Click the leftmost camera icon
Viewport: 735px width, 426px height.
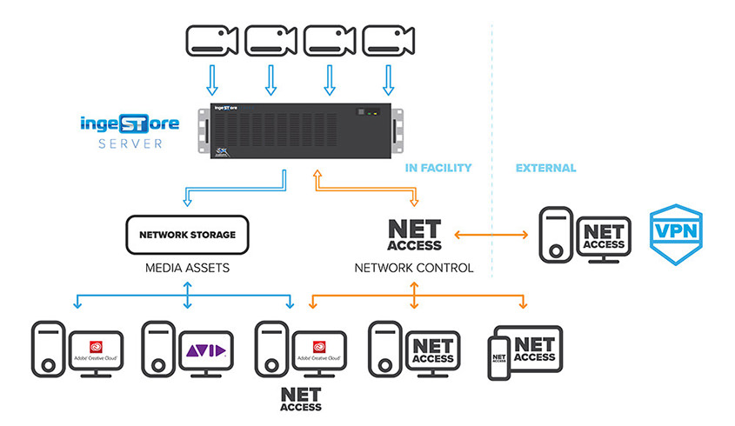[x=211, y=41]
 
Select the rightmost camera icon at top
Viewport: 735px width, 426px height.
[x=387, y=41]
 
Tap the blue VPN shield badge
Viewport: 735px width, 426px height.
[x=676, y=234]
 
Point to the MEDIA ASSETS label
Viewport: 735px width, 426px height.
[x=187, y=269]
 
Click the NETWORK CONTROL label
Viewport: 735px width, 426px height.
[x=414, y=269]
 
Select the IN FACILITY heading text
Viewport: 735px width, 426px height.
[x=439, y=168]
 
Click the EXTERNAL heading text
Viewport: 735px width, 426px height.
[x=545, y=168]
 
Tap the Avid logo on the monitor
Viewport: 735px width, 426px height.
[x=206, y=351]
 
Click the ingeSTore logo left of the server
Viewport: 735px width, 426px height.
[x=130, y=123]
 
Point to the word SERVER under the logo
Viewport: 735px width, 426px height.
[x=130, y=143]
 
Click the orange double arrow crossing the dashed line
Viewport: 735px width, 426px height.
[x=491, y=235]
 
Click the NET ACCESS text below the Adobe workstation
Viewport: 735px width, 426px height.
[x=300, y=398]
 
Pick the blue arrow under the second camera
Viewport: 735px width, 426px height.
[x=271, y=80]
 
